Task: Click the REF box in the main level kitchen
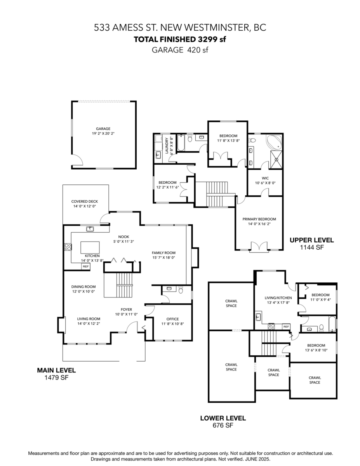point(85,266)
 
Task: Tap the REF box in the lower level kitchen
point(286,327)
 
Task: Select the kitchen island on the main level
point(90,247)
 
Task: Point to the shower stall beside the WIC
point(276,160)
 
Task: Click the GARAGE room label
point(103,129)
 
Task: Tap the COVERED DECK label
point(85,202)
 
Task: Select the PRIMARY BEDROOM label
point(259,219)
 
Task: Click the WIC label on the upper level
point(265,178)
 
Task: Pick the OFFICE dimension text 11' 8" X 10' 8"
point(172,323)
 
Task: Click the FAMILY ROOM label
point(163,253)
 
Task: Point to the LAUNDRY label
point(167,146)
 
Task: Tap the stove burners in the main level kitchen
point(68,247)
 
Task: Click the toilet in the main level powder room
point(181,290)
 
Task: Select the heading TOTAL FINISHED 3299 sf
point(180,40)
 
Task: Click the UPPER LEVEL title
point(312,240)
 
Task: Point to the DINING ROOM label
point(83,287)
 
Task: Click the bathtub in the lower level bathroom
point(332,323)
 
